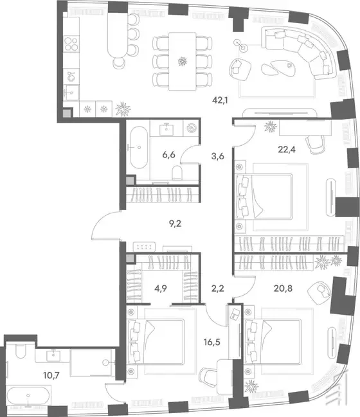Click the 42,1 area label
[x=220, y=100]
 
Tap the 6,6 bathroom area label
[x=168, y=154]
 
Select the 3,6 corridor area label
[x=218, y=156]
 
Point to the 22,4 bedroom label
[x=287, y=150]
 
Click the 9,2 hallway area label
[x=175, y=224]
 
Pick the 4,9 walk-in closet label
[x=161, y=288]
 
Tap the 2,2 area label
[x=218, y=288]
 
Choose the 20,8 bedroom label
[x=283, y=288]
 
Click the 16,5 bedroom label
[x=212, y=342]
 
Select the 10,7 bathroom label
[x=51, y=375]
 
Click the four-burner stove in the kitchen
[x=71, y=44]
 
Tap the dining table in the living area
[x=183, y=62]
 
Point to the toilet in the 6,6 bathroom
[x=177, y=173]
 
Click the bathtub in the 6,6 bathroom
[x=139, y=147]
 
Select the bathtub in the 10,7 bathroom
[x=28, y=396]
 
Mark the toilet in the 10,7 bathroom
[x=20, y=351]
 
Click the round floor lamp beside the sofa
[x=244, y=48]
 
